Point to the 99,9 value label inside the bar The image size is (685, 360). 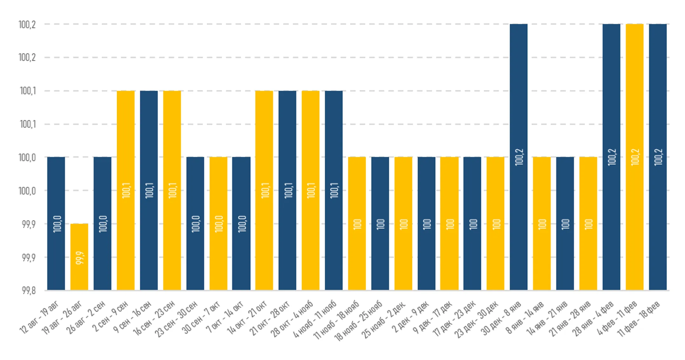click(x=80, y=258)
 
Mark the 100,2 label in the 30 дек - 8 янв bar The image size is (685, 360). click(x=519, y=157)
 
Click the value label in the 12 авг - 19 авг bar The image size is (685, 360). click(x=57, y=224)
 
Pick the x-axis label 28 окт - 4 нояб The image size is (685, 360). click(x=292, y=319)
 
